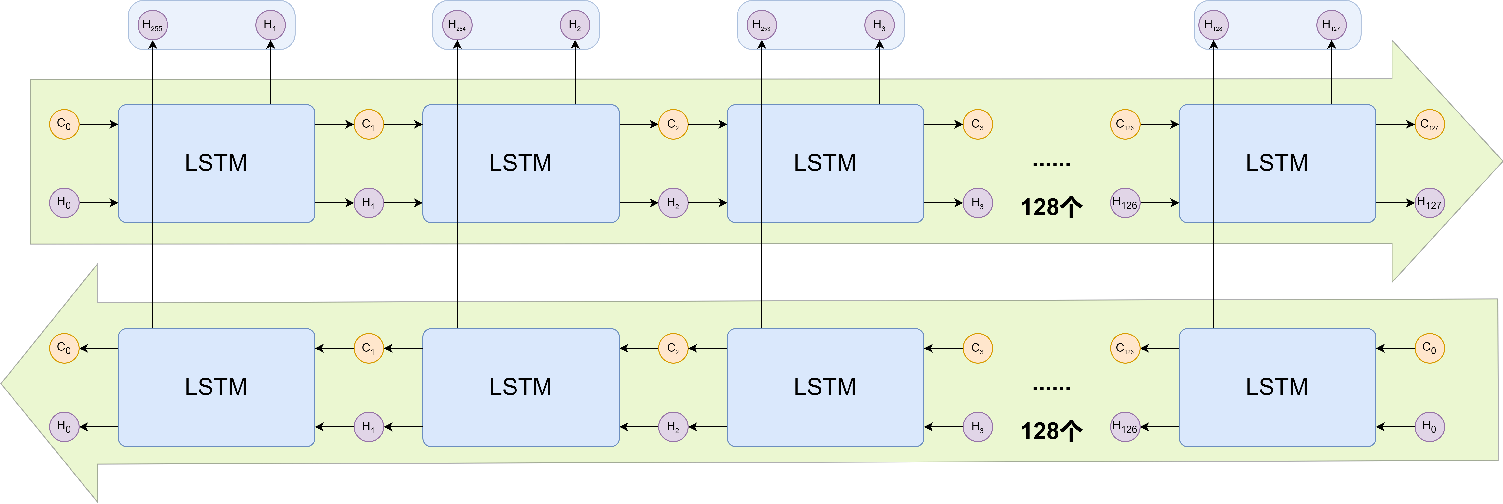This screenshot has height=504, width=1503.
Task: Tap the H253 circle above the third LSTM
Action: tap(761, 26)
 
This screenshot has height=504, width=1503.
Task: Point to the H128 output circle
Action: tap(1214, 26)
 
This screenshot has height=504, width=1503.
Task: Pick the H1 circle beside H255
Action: tap(270, 26)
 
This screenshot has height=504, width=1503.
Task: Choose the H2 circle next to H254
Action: tap(575, 26)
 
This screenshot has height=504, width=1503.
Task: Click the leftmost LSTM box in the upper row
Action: tap(216, 163)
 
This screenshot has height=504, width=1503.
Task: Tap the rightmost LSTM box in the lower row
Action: tap(1277, 387)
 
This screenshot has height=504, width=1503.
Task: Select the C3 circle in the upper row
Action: tap(977, 124)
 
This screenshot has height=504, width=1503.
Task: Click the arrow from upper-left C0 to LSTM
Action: tap(98, 124)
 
